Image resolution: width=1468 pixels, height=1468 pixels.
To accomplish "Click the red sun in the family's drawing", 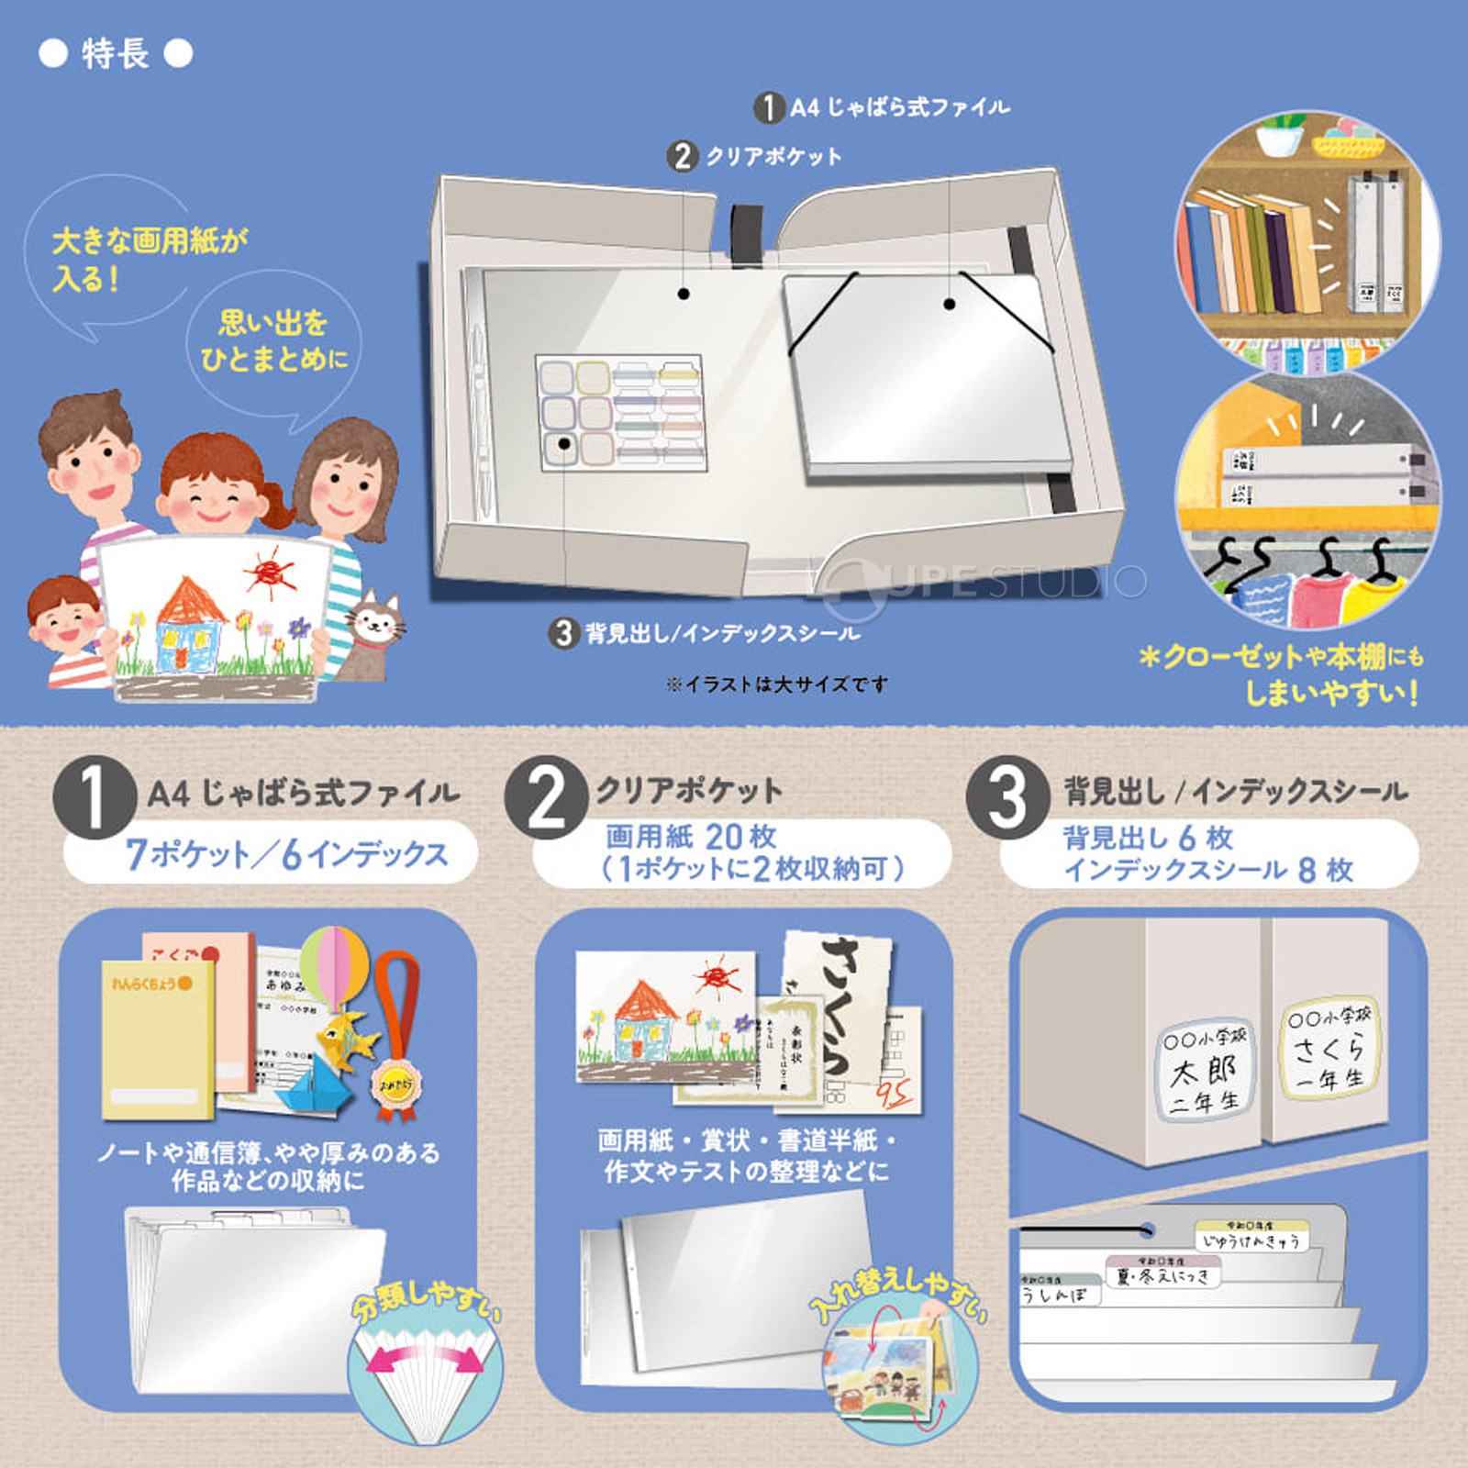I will tap(268, 572).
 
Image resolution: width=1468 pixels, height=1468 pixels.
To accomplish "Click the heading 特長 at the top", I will tap(116, 53).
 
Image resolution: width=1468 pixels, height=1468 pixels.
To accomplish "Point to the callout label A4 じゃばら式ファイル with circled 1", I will tap(883, 107).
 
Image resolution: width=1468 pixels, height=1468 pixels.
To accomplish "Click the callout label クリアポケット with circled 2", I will tap(755, 156).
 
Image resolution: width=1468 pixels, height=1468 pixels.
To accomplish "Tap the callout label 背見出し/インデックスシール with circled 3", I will tap(705, 632).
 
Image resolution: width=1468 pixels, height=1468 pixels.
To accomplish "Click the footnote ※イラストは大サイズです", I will tap(776, 684).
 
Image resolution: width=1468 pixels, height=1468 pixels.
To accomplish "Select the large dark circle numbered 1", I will tap(95, 797).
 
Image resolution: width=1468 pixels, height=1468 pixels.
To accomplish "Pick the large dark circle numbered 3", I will tap(1006, 797).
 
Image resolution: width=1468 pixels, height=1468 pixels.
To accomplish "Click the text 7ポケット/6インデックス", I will tap(286, 853).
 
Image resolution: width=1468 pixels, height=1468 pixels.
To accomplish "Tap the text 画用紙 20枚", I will tap(691, 836).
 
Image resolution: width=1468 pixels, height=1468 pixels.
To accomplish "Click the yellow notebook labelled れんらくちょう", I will tap(156, 1041).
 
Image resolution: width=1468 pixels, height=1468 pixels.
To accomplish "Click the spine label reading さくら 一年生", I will tap(1329, 1049).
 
